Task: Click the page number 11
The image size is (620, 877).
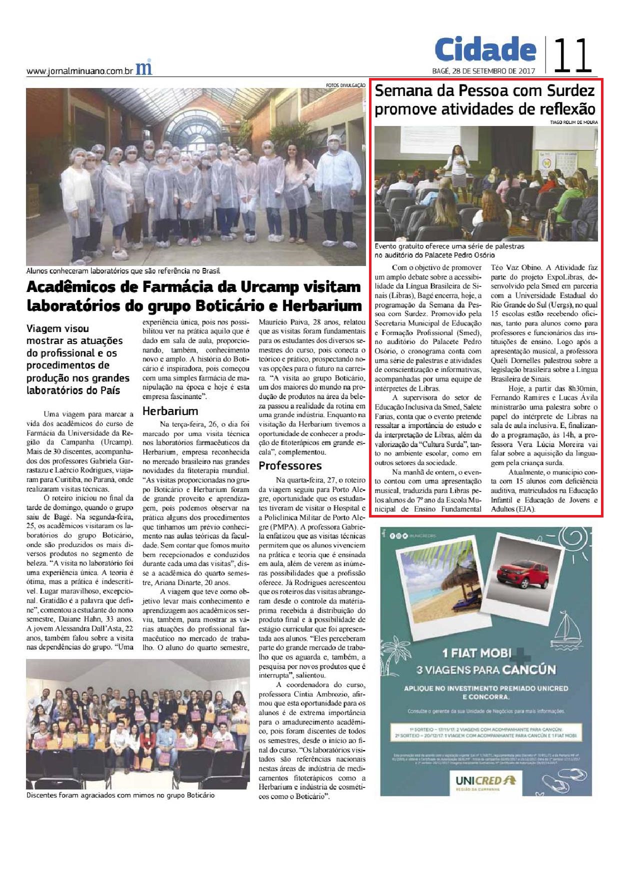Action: pos(573,54)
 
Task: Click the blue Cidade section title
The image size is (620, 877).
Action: pos(485,49)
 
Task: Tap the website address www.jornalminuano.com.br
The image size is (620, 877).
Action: pos(79,71)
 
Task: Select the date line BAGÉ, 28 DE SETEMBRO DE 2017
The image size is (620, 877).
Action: pos(483,70)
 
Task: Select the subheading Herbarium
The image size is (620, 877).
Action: pos(170,411)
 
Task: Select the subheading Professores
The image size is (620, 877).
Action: pos(290,466)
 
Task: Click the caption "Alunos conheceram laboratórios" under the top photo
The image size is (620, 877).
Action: pos(123,271)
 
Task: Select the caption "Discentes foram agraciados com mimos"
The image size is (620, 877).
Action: pos(120,795)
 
